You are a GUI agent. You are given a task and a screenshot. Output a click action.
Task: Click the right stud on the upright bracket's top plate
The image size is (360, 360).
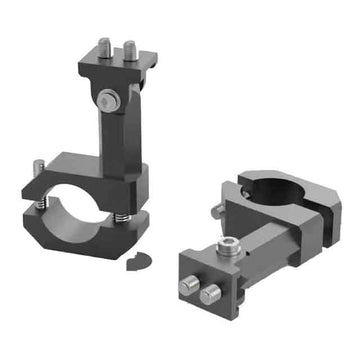[x=127, y=50]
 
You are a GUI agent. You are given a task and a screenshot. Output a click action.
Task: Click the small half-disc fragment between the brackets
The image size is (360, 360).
[x=138, y=262]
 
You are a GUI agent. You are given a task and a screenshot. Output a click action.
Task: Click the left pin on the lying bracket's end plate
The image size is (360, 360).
[x=188, y=287]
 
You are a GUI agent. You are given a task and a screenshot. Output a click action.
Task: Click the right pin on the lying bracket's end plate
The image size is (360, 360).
[x=210, y=295]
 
